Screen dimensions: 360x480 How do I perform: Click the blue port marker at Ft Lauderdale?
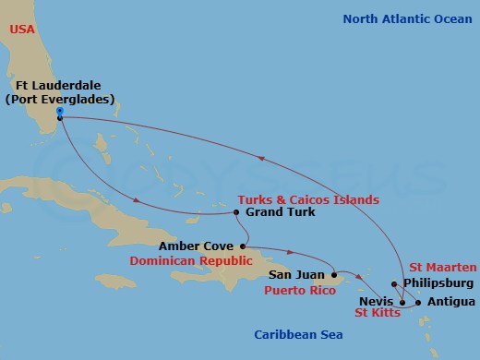[x=59, y=112]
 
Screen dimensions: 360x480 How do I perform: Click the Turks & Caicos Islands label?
[x=308, y=199]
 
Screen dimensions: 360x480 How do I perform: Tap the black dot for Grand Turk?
[x=236, y=212]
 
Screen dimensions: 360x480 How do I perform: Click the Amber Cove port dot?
[x=243, y=246]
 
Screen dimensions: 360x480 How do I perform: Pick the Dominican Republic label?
[x=204, y=261]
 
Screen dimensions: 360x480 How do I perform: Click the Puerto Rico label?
[x=299, y=289]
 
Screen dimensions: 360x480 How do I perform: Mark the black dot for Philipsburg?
[x=394, y=283]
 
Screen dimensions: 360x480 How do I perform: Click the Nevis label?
[x=375, y=302]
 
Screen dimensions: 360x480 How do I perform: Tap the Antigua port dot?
[x=418, y=302]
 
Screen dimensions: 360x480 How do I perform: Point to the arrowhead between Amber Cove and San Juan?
[x=291, y=252]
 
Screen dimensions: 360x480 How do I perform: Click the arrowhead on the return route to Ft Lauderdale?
[x=263, y=158]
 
